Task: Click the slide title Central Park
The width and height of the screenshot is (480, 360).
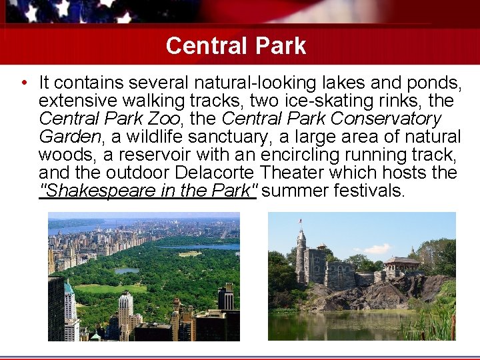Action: coord(235,45)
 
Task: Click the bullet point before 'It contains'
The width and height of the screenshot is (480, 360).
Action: coord(23,83)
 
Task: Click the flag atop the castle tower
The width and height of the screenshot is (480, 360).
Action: coord(301,221)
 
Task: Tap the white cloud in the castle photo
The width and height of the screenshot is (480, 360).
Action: coord(378,249)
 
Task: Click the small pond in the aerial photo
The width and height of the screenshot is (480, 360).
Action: coord(127,270)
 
